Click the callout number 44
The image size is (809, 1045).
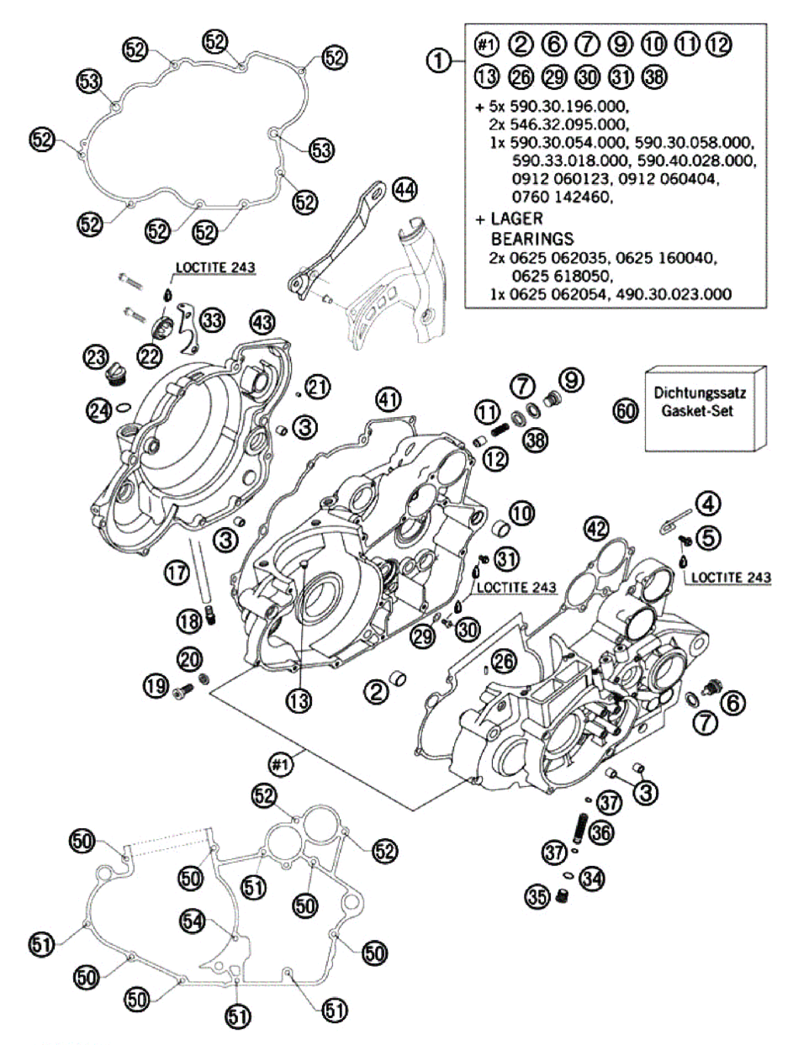point(404,190)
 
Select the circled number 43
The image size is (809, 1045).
point(262,321)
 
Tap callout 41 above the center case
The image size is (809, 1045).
point(388,398)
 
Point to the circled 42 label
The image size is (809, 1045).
point(596,529)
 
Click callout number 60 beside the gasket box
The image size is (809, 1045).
point(626,411)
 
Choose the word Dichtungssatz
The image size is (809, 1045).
point(700,393)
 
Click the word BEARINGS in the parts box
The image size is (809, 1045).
point(532,238)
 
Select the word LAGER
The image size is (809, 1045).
point(516,219)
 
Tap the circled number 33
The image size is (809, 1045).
point(212,319)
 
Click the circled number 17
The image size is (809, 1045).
point(177,574)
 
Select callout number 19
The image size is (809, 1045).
point(156,688)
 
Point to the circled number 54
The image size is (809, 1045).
point(193,921)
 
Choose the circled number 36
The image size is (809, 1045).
point(601,832)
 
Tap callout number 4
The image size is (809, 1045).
point(709,504)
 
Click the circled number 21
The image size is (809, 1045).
point(317,387)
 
